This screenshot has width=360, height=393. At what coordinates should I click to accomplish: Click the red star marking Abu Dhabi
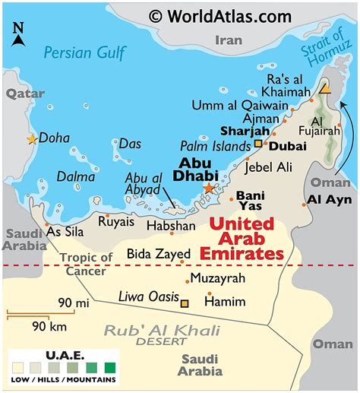pos(209,188)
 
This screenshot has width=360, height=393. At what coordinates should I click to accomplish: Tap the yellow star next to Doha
pos(32,139)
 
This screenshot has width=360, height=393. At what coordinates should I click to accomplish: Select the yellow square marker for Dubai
pos(258,144)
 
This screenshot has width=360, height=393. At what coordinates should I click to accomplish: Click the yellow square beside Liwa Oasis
pos(184,303)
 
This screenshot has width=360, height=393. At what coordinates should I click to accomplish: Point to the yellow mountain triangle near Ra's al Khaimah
pos(325,89)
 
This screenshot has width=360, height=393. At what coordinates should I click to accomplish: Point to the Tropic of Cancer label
pos(87,264)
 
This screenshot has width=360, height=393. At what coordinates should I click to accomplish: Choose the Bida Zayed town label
pos(153,253)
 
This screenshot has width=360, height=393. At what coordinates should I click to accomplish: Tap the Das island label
pos(129,143)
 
